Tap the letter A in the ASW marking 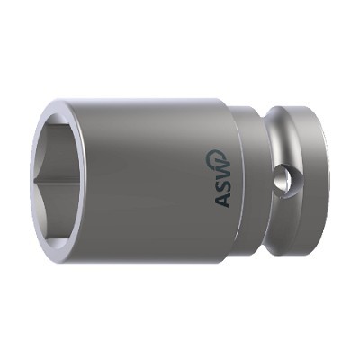point(222,199)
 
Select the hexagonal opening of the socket point(58,181)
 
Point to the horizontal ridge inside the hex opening point(57,181)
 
